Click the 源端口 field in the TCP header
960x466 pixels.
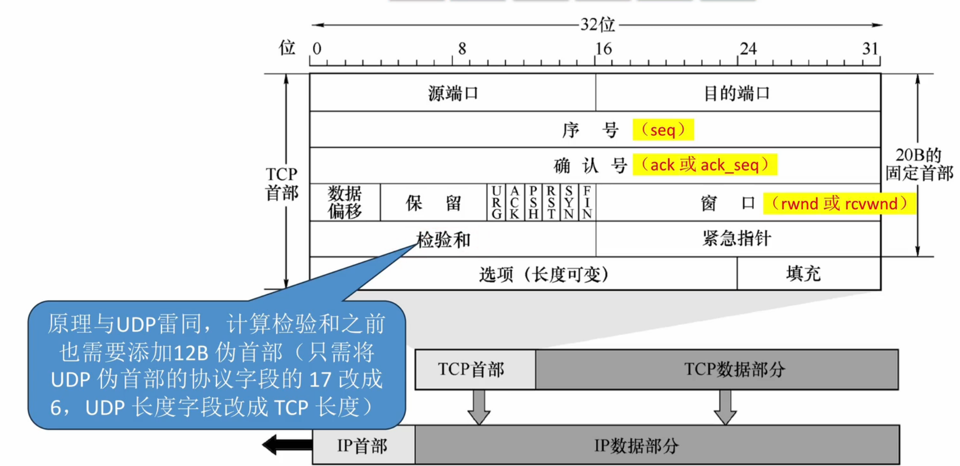coord(453,93)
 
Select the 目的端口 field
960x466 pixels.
coord(737,93)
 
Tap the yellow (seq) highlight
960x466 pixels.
coord(663,130)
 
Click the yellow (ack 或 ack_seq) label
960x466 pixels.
coord(705,165)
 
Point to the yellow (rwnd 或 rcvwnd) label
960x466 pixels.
coord(839,204)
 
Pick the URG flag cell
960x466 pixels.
coord(497,203)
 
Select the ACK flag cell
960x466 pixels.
coord(515,203)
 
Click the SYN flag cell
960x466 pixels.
coord(569,203)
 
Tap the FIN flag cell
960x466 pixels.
coord(587,203)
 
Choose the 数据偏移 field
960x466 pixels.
coord(345,203)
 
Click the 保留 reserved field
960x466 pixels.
coord(433,203)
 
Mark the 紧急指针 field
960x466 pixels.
coord(737,239)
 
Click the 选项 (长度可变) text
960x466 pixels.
coord(544,275)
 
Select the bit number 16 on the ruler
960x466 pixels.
coord(603,49)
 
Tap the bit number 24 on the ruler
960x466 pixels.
coord(748,49)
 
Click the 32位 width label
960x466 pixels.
coord(598,24)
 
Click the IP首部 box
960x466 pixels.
coord(363,446)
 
